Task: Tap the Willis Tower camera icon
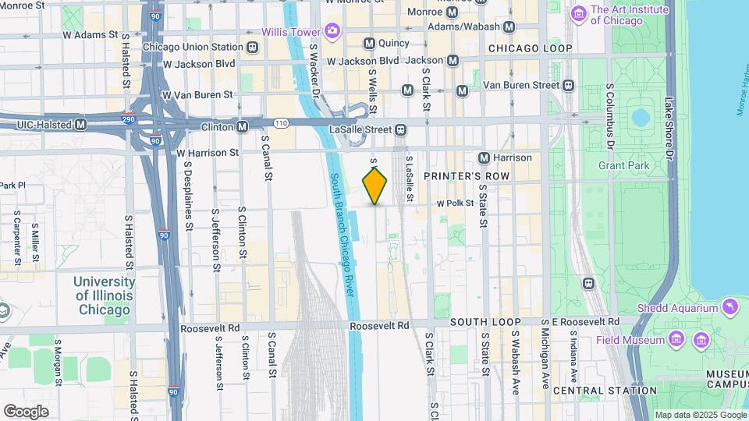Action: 333,32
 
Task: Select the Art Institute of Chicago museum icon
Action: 579,13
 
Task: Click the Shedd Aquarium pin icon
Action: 730,307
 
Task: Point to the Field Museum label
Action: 630,340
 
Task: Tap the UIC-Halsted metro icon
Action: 81,125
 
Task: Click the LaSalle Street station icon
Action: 400,129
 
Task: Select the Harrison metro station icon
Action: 484,157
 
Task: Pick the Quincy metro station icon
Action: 369,44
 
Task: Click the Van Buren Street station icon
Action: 569,85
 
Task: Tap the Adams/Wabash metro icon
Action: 509,27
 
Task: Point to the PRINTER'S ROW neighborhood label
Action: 467,177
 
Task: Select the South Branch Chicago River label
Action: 343,233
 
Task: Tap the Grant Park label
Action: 619,165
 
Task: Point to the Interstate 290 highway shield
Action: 129,120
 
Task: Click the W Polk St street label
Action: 456,203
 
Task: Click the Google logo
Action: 27,412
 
